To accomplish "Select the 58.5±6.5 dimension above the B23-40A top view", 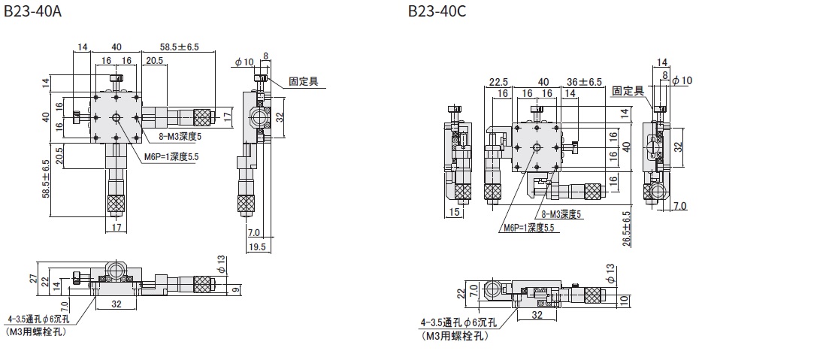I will coord(179,47).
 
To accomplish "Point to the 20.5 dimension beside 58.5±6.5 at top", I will coord(156,60).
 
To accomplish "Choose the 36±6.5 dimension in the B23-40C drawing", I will coord(583,81).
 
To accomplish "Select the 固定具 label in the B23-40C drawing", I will coord(628,90).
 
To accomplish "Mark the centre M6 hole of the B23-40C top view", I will coord(537,148).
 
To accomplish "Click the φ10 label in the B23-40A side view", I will coord(243,62).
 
